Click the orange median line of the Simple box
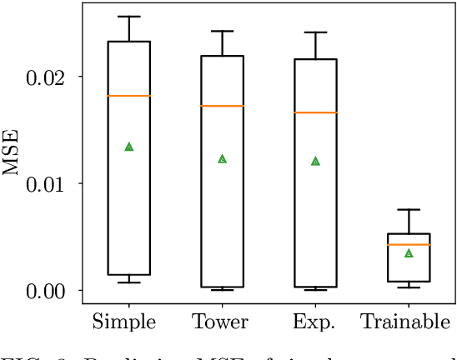[x=129, y=96]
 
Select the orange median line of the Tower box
[x=222, y=106]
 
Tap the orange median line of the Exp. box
[x=315, y=112]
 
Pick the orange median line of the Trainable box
[x=409, y=244]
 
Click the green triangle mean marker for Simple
[x=129, y=147]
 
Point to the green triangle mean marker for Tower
[x=222, y=158]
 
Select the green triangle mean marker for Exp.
[x=315, y=161]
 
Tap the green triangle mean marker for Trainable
[x=409, y=253]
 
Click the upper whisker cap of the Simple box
[x=129, y=17]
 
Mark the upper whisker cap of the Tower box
[x=222, y=32]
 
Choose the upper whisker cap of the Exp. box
[x=315, y=32]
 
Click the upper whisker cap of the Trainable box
[x=409, y=209]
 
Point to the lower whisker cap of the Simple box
[x=129, y=282]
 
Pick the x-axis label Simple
[x=128, y=322]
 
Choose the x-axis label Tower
[x=221, y=322]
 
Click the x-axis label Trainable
[x=408, y=322]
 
